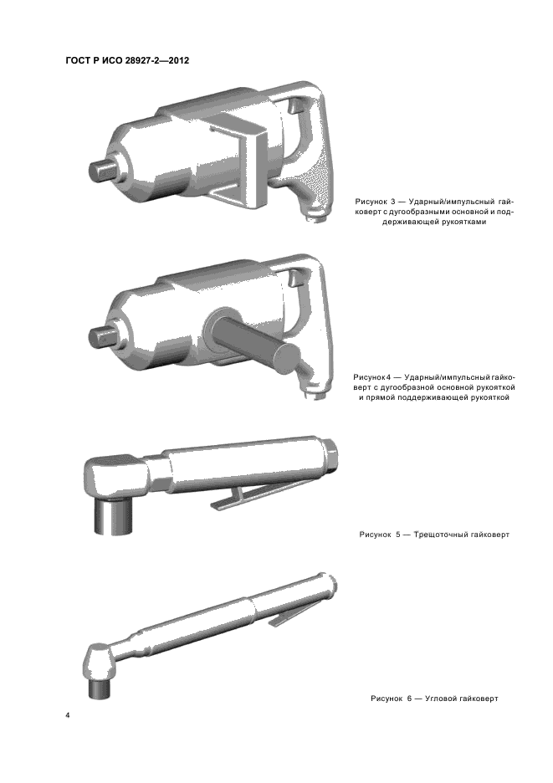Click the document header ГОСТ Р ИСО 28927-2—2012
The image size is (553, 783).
pyautogui.click(x=127, y=61)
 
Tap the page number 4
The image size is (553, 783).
pyautogui.click(x=68, y=715)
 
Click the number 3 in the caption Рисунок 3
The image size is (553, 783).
pyautogui.click(x=392, y=202)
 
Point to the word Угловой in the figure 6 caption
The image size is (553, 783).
pyautogui.click(x=441, y=699)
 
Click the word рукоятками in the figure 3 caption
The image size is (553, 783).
pyautogui.click(x=463, y=222)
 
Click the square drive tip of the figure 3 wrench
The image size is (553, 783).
pyautogui.click(x=102, y=171)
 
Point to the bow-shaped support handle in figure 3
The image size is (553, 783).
pyautogui.click(x=240, y=160)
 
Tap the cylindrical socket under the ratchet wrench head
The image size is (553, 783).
pyautogui.click(x=114, y=517)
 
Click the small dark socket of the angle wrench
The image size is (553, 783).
pyautogui.click(x=99, y=688)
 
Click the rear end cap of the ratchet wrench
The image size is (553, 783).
pyautogui.click(x=333, y=453)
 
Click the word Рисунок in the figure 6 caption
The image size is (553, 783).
pyautogui.click(x=387, y=699)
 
